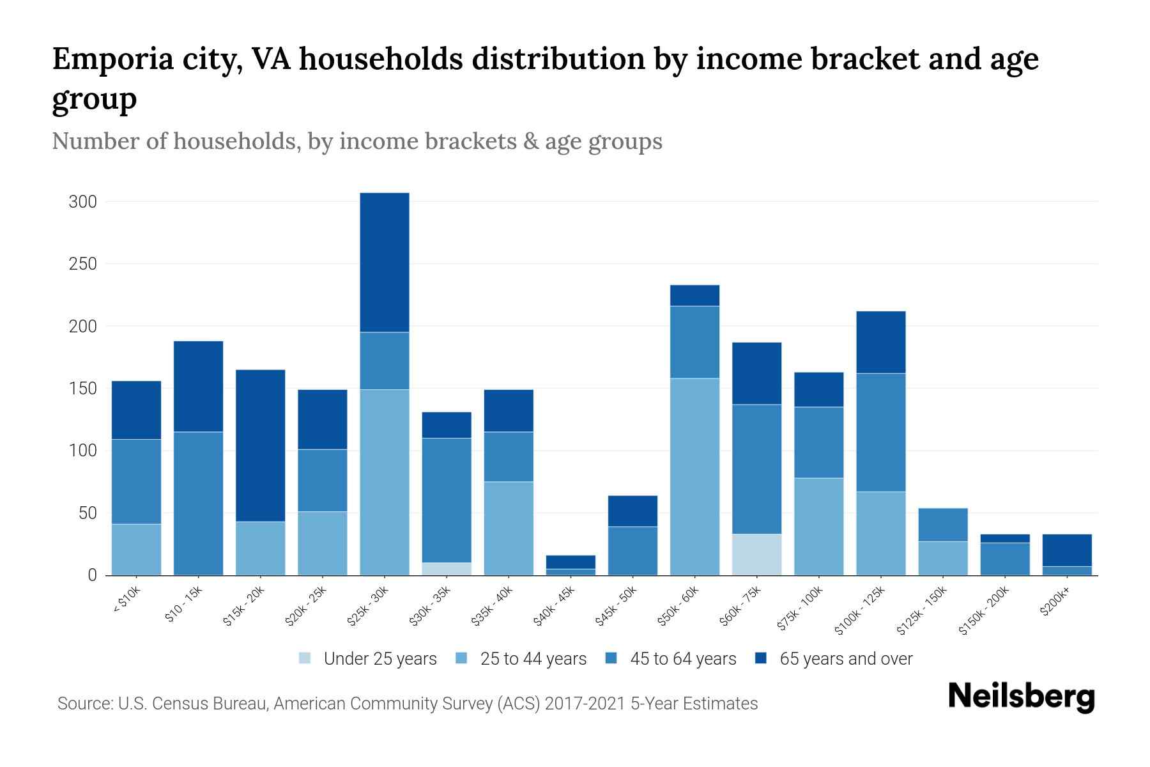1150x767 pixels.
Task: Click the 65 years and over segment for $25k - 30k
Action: coord(385,262)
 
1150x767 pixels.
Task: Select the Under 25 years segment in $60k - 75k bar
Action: coord(756,554)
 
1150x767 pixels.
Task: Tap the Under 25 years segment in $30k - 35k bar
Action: coord(447,568)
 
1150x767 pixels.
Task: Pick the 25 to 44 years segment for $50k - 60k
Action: coord(694,476)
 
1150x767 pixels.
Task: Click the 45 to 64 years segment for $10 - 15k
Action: coord(198,503)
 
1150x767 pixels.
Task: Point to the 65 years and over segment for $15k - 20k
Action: coord(260,445)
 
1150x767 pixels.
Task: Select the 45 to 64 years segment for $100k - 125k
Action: coord(880,432)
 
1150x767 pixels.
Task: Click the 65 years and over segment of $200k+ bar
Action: coord(1067,550)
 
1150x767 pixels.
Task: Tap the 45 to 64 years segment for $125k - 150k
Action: coord(942,525)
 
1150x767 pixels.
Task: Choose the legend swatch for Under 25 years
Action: coord(305,658)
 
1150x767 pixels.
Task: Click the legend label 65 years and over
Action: coord(846,658)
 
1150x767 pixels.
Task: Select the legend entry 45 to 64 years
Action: coord(683,658)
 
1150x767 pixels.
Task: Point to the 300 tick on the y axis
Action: coord(82,202)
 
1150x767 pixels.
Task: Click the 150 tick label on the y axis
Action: coord(82,389)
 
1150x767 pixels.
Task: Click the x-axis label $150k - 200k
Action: coord(985,611)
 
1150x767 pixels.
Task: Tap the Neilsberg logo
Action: coord(1021,696)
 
